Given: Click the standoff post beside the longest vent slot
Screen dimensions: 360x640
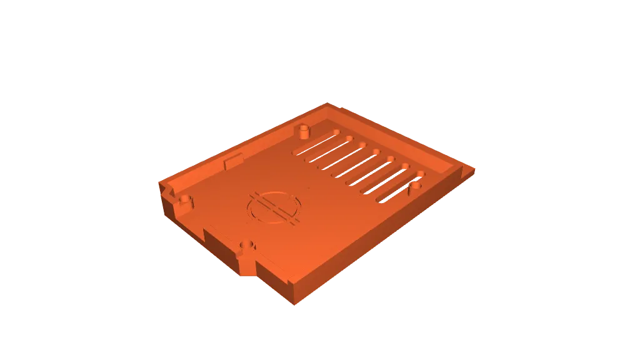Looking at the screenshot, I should [x=304, y=132].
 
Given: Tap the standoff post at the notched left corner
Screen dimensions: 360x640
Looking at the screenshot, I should [x=185, y=201].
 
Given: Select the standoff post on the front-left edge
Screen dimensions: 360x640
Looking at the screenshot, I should [x=247, y=244].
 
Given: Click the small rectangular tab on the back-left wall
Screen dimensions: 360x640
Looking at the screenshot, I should [x=232, y=162].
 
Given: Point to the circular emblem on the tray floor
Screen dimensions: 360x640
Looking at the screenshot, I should [x=274, y=207].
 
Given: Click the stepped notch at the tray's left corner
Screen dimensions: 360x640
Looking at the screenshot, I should [x=166, y=191].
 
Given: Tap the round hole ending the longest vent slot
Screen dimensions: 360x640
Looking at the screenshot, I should [x=336, y=132].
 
